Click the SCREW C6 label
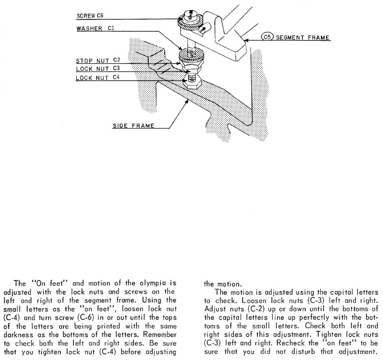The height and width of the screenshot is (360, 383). (x=90, y=16)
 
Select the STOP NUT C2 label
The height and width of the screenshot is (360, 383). (x=98, y=61)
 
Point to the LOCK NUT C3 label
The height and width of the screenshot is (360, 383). (x=98, y=69)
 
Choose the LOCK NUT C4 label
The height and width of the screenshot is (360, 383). (x=98, y=78)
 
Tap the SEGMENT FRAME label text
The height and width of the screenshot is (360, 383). (x=303, y=38)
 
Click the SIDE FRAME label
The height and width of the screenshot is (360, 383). (x=133, y=126)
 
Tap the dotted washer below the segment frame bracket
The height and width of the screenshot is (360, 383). (x=191, y=55)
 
